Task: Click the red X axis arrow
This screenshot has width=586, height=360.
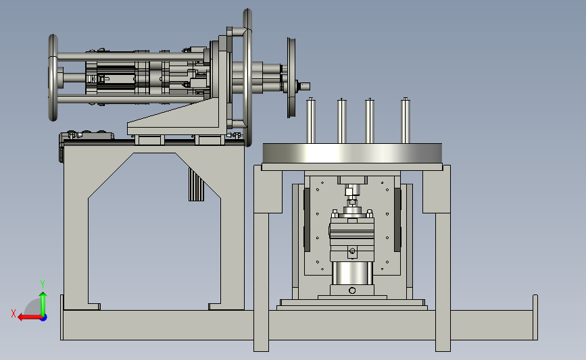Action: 30,317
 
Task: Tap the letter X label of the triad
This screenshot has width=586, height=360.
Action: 14,313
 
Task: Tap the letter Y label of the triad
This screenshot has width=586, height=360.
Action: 43,284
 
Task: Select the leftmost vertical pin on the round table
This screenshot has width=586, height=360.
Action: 311,121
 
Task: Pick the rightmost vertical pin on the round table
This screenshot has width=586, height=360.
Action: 406,120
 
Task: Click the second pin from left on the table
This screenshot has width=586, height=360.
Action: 341,121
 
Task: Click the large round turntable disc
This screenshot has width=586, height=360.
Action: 352,153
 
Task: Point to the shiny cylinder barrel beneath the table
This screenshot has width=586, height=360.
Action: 351,274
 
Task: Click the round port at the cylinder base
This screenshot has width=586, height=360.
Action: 352,290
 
